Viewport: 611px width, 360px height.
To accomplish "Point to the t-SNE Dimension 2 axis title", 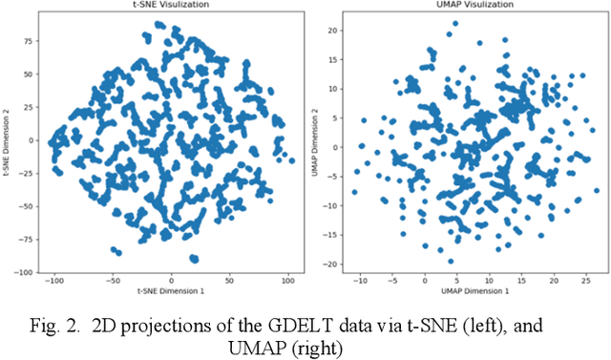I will pos(7,139).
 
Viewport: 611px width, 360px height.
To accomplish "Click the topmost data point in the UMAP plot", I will pos(455,21).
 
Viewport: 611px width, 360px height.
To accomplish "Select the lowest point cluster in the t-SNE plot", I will pos(194,258).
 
